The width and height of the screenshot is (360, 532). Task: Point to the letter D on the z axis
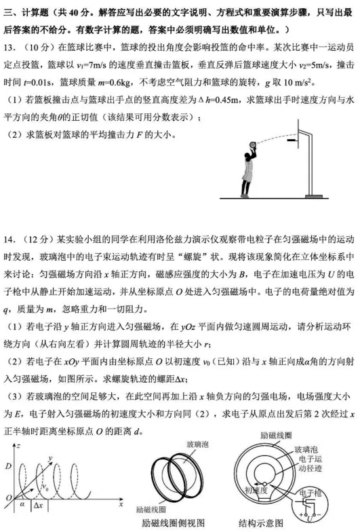[7, 467]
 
